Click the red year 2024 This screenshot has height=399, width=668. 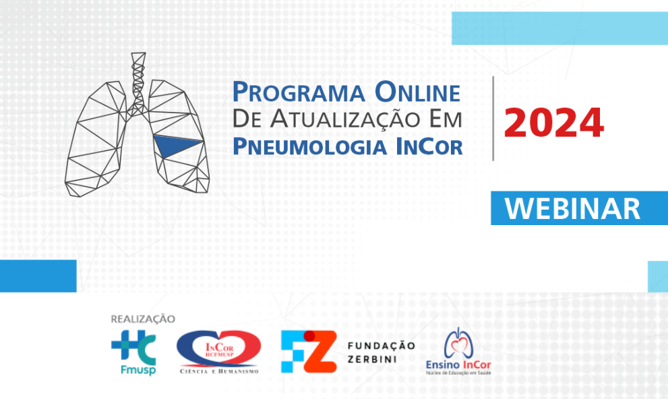[x=553, y=122]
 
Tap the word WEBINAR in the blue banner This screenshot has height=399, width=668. [x=572, y=208]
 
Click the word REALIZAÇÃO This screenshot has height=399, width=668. [x=142, y=319]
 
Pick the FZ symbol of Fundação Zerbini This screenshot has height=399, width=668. [x=308, y=351]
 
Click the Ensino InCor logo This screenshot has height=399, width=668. [x=458, y=352]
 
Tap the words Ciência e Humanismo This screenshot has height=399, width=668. [x=218, y=371]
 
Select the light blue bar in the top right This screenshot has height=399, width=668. [x=559, y=28]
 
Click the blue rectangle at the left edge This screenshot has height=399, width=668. [x=38, y=276]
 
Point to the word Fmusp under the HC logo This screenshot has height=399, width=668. [x=133, y=371]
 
